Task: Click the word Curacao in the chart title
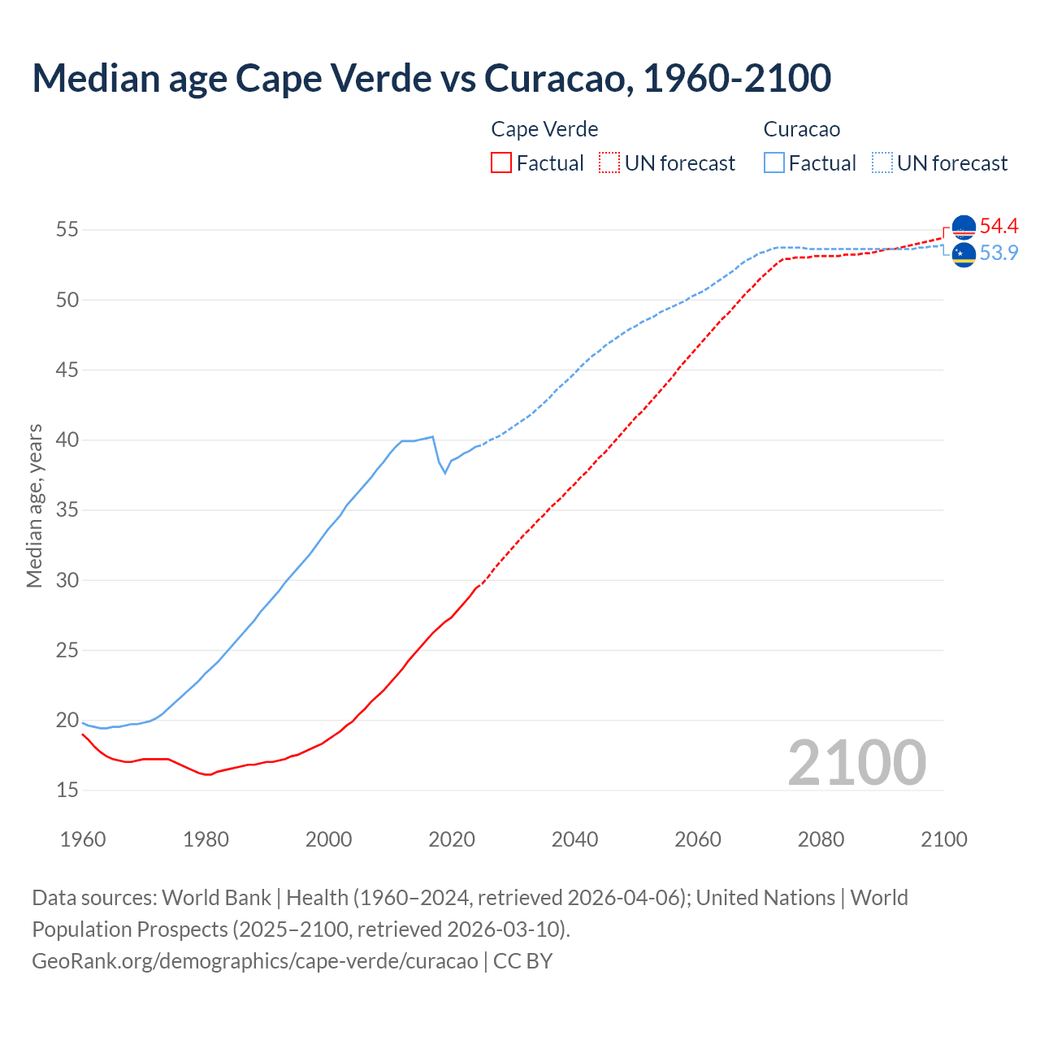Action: [554, 78]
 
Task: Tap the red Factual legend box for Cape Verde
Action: [501, 162]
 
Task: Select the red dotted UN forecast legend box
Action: [609, 162]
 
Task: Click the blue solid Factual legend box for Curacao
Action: [774, 162]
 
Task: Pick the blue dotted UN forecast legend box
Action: [882, 162]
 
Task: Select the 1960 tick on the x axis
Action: [83, 839]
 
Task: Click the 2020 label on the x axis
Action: [452, 839]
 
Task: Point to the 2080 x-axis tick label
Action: [821, 839]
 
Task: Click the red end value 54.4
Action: [999, 227]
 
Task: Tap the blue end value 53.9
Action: [999, 253]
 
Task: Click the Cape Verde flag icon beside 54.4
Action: [964, 227]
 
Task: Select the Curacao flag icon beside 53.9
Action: [964, 254]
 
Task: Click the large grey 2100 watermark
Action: [856, 763]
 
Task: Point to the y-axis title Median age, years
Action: [34, 505]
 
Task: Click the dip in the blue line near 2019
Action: [444, 473]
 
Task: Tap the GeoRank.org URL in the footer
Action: [255, 961]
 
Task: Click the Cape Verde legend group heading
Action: [544, 129]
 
